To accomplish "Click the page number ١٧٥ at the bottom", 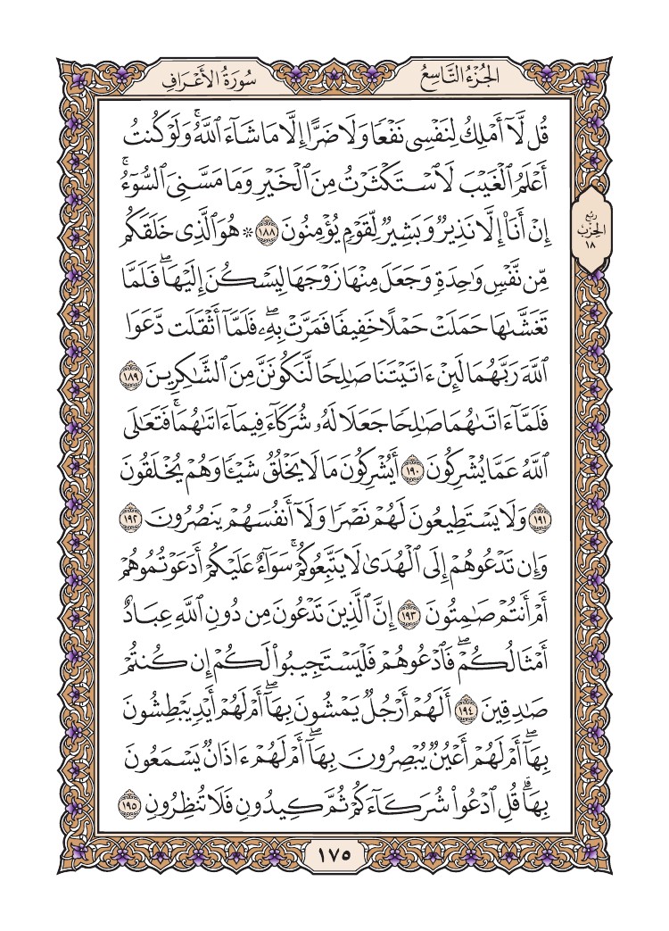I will pyautogui.click(x=334, y=853).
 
